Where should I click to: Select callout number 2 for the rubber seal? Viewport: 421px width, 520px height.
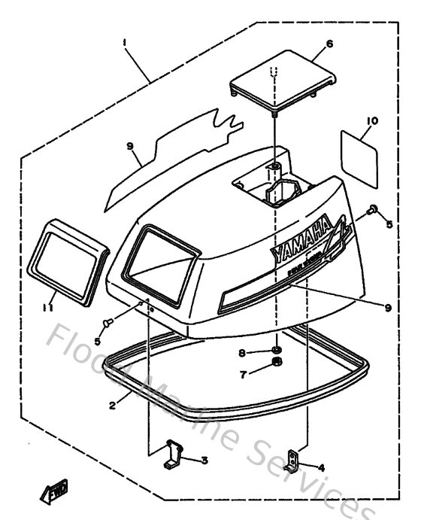[x=112, y=405]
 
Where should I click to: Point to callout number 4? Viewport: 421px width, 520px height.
[x=322, y=467]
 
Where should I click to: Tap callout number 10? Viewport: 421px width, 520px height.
[x=371, y=120]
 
